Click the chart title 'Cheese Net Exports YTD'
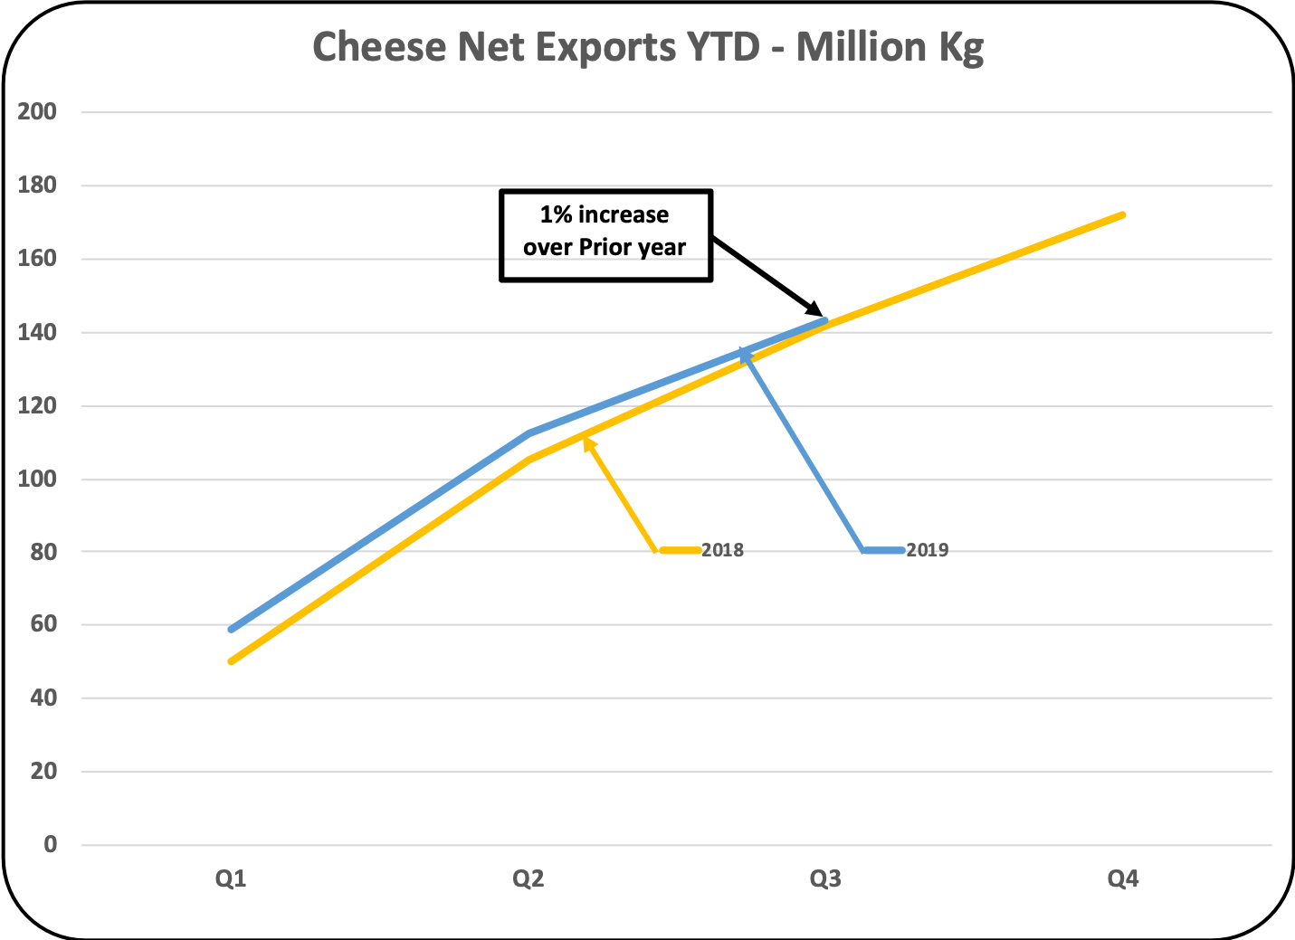(x=647, y=47)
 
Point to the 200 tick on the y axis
(x=37, y=112)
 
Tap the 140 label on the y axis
(x=37, y=333)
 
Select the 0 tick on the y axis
(x=50, y=845)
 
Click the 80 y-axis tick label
(x=43, y=552)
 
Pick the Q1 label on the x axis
(x=231, y=878)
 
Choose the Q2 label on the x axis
(x=528, y=878)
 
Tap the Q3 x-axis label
(x=825, y=878)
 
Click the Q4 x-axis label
(x=1123, y=878)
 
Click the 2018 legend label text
(x=722, y=550)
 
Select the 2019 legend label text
(x=928, y=550)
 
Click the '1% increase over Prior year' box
(x=605, y=235)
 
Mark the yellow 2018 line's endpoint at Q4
(x=1123, y=214)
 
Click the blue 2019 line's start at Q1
(x=232, y=629)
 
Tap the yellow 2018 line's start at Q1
(x=232, y=661)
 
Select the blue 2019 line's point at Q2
(x=528, y=433)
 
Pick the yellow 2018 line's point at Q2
(x=528, y=460)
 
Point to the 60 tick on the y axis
(x=43, y=625)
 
